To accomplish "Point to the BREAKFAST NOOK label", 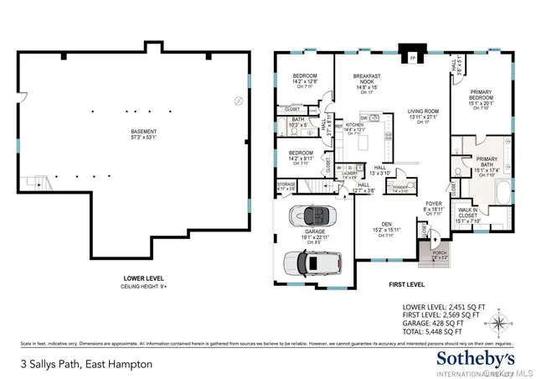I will [x=367, y=80].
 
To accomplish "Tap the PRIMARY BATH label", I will [x=486, y=162].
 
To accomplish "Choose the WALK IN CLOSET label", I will [x=469, y=213].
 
